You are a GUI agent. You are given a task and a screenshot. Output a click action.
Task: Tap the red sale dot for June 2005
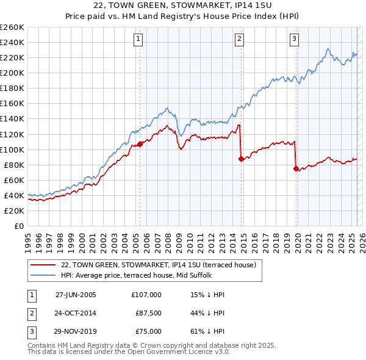coord(140,144)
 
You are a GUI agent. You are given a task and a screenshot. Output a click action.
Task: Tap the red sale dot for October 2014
coord(241,159)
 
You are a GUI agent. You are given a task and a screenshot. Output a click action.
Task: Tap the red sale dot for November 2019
coord(296,168)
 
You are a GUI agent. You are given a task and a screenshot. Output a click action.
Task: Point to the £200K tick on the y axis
coord(12,73)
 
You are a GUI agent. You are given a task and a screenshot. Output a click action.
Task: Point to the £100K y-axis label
coord(12,149)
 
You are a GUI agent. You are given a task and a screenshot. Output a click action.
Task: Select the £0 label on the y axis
coord(19,226)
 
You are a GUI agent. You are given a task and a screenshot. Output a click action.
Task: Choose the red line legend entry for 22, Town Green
coord(162,265)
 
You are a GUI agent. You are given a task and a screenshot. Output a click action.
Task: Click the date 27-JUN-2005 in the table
coord(76,295)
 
